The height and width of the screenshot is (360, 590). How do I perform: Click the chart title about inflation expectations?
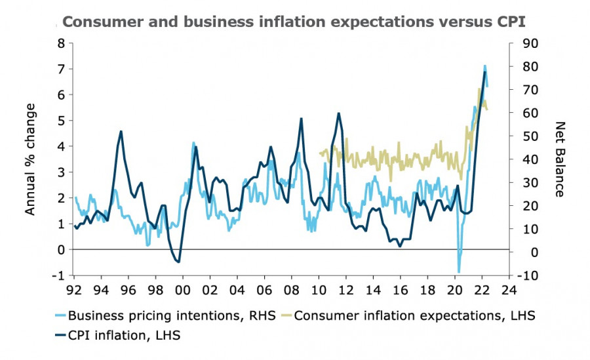pyautogui.click(x=294, y=21)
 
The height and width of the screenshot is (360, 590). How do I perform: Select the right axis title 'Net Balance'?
pyautogui.click(x=560, y=159)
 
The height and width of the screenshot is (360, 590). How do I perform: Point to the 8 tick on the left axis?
pyautogui.click(x=62, y=43)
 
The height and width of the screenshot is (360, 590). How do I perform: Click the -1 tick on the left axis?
pyautogui.click(x=59, y=275)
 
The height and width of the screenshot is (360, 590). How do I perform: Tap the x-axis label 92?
pyautogui.click(x=74, y=289)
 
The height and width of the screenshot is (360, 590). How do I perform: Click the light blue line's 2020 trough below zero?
pyautogui.click(x=459, y=271)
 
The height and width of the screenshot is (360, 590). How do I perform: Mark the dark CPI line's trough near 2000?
pyautogui.click(x=178, y=262)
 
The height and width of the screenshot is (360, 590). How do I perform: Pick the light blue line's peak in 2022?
pyautogui.click(x=484, y=66)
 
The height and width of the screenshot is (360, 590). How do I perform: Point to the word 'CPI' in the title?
pyautogui.click(x=510, y=21)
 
